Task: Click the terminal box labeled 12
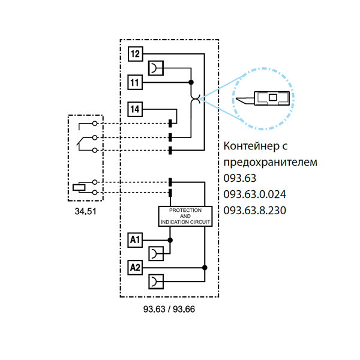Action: (136, 54)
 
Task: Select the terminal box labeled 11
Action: (136, 82)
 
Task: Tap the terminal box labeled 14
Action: (136, 109)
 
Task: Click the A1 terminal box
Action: (136, 240)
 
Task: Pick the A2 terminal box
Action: (136, 267)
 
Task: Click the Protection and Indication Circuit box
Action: (185, 216)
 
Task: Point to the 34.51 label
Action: (85, 212)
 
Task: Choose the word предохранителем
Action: (270, 163)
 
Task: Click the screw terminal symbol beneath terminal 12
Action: (156, 68)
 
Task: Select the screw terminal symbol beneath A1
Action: (156, 253)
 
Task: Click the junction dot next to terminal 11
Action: (191, 82)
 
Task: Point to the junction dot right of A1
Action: (170, 240)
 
